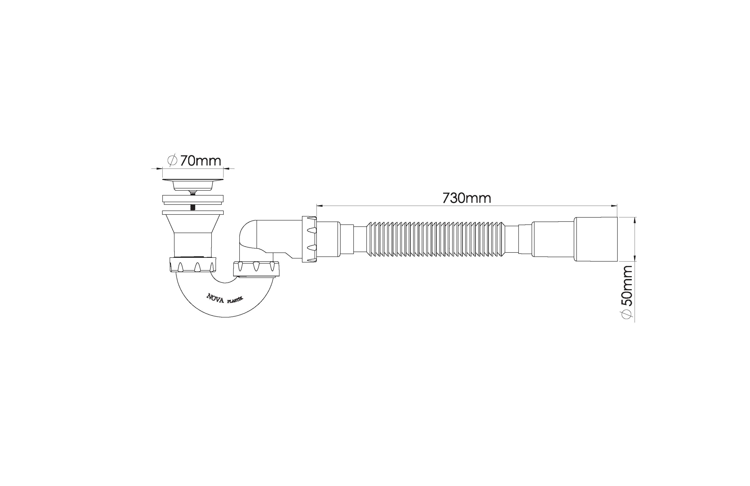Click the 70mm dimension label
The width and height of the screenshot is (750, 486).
201,161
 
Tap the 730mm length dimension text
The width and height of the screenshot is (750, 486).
467,198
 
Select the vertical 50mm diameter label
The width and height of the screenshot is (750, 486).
627,286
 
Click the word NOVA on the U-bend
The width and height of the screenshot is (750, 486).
215,298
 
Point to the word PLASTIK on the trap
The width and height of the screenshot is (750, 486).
235,300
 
